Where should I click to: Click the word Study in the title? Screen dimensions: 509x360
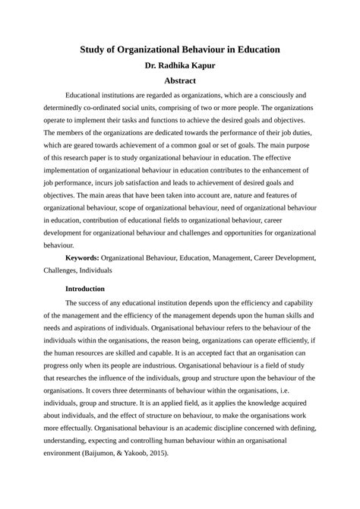pyautogui.click(x=96, y=49)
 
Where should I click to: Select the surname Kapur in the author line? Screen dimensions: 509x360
pyautogui.click(x=201, y=65)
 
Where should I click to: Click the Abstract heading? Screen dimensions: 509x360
pyautogui.click(x=180, y=81)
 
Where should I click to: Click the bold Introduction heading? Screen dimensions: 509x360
pyautogui.click(x=90, y=289)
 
